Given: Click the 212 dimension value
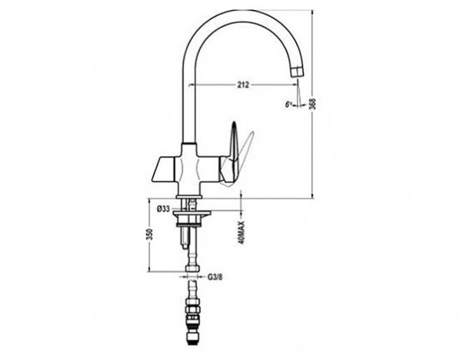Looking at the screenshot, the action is point(243,85).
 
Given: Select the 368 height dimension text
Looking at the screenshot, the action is point(314,104).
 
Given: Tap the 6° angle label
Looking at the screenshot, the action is point(288,105).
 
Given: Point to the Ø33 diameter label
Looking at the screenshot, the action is point(163,208).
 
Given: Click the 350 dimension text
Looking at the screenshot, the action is point(151,234).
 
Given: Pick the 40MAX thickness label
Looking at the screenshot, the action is point(242,232).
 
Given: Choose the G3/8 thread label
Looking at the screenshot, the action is point(215,277).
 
